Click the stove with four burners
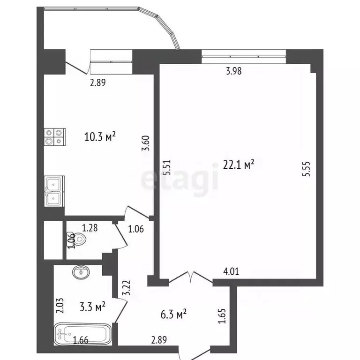click(x=54, y=136)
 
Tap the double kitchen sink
click(x=54, y=192)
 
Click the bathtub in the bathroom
click(x=82, y=334)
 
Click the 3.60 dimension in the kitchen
click(x=146, y=142)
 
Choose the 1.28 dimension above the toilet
click(x=90, y=228)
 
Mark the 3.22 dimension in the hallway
click(x=125, y=287)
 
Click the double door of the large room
click(x=191, y=277)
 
